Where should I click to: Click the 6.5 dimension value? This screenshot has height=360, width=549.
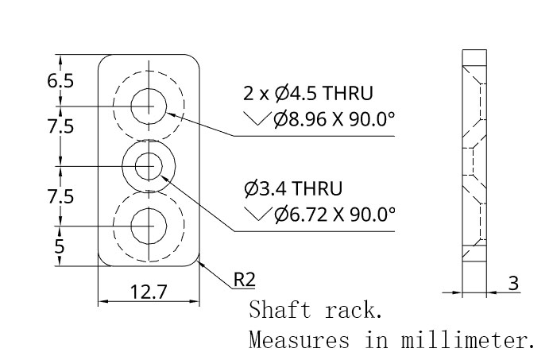click(60, 81)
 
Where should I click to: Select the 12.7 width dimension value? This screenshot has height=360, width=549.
click(149, 292)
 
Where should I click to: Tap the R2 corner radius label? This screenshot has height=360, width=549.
click(245, 280)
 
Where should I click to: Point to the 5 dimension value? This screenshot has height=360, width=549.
click(60, 246)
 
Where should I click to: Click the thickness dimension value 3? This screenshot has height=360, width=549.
click(513, 283)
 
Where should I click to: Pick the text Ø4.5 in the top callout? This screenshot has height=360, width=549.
click(296, 94)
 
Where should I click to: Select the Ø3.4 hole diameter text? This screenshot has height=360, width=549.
click(265, 188)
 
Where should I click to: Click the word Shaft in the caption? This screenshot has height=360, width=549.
click(280, 310)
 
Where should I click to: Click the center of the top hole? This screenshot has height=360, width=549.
click(149, 106)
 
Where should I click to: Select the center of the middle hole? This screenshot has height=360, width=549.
click(149, 166)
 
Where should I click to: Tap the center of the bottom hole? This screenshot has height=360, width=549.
click(149, 226)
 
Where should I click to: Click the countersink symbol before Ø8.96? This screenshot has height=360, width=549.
click(257, 118)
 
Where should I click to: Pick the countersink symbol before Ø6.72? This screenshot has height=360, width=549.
click(258, 214)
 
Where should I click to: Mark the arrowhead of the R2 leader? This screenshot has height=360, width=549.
click(201, 264)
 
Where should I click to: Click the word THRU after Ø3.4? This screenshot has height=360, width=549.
click(316, 188)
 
